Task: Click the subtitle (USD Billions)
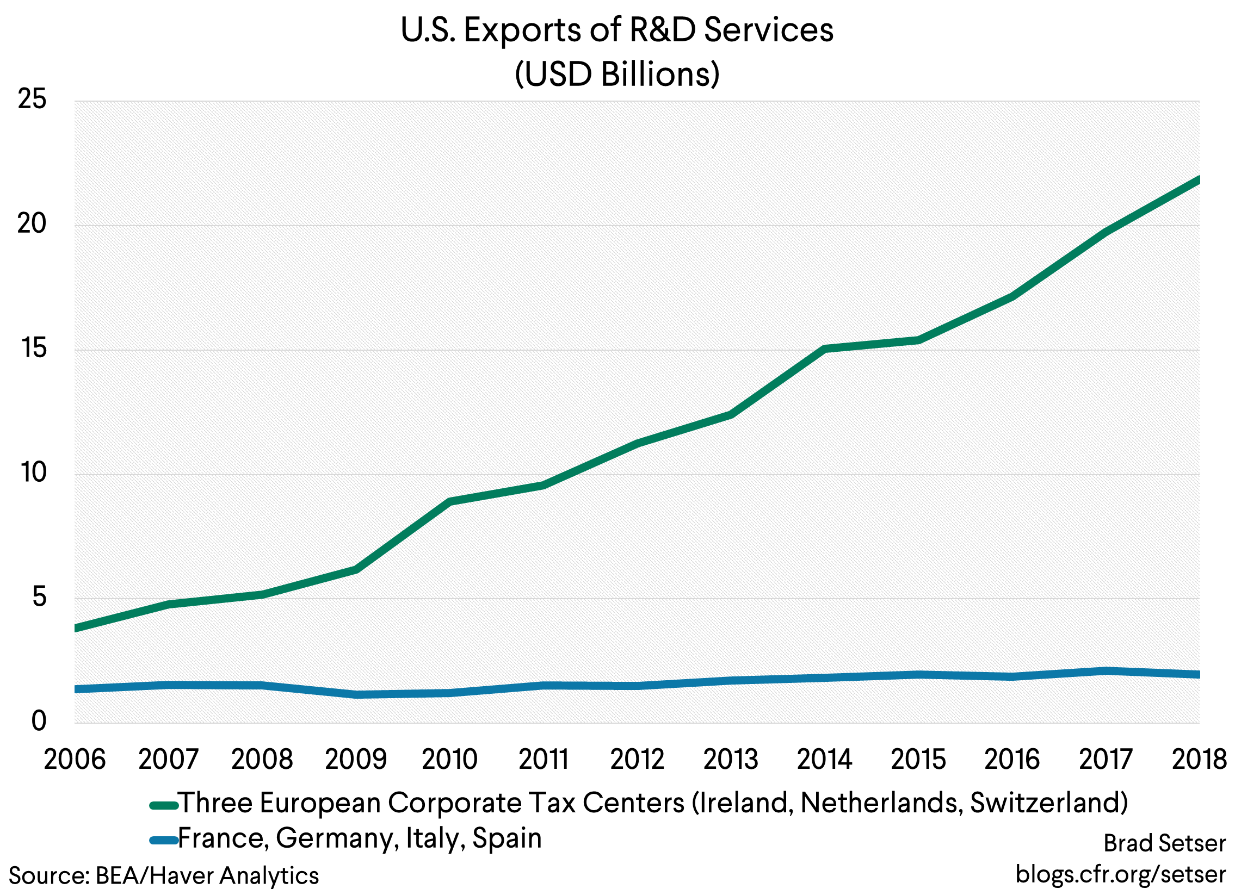click(617, 74)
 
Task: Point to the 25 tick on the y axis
click(32, 99)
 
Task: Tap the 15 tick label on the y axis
click(34, 348)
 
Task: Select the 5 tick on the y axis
click(39, 598)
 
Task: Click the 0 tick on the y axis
click(39, 722)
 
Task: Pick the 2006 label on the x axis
click(75, 760)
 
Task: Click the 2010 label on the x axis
click(450, 760)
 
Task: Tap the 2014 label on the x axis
click(824, 760)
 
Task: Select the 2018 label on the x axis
click(1199, 760)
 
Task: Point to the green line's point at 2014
click(825, 349)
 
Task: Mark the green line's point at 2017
click(1106, 232)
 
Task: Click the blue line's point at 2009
click(356, 694)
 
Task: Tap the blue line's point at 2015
click(918, 675)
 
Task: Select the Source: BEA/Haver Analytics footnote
click(163, 875)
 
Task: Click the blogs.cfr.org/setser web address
click(1121, 874)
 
